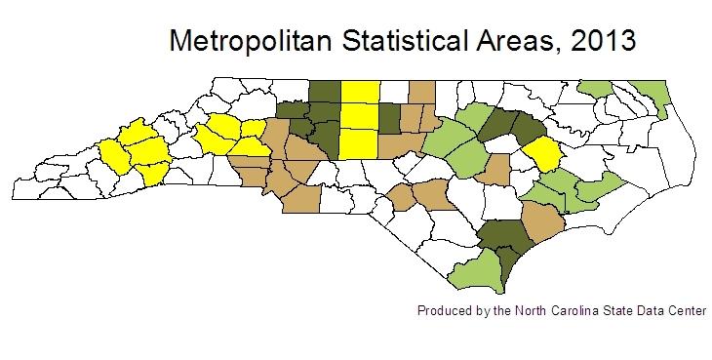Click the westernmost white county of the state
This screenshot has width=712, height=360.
29,181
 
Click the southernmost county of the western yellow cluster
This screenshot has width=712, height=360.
151,174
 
